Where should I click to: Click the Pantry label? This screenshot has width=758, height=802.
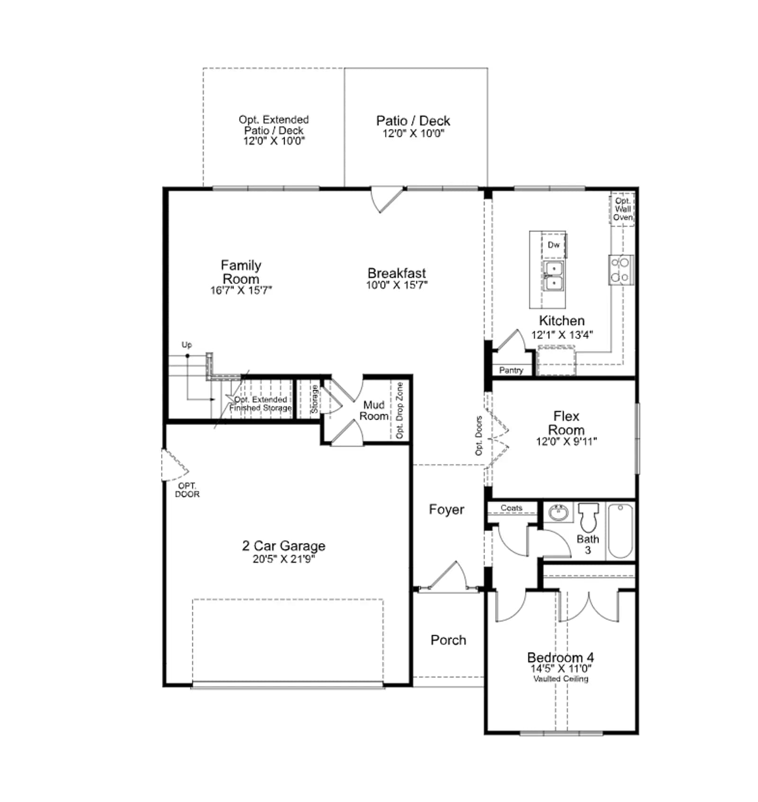[511, 370]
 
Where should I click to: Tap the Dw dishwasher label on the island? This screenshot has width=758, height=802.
[553, 245]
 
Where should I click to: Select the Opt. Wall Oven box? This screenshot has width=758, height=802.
[622, 209]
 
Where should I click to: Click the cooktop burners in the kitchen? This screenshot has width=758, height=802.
[621, 270]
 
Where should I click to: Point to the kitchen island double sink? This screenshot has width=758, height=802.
[553, 276]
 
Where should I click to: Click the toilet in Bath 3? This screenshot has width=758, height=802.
[588, 517]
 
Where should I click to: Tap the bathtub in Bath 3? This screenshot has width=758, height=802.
[620, 531]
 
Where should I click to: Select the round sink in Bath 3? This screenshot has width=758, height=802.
[559, 513]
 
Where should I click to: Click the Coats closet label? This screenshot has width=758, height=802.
[511, 508]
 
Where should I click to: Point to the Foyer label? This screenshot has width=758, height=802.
[446, 509]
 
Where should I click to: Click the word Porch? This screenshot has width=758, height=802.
[448, 640]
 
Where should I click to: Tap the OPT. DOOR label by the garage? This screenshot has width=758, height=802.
[187, 490]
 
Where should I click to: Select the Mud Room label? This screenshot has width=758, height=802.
[374, 410]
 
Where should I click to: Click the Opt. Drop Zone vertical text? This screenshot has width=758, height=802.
[399, 410]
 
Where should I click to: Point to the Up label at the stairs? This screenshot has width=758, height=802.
[187, 345]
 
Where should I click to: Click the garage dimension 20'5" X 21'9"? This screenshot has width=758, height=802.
[284, 559]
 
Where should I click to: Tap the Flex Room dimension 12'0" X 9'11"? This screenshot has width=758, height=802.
[566, 441]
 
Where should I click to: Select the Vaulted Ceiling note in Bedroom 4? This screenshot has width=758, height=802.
[560, 678]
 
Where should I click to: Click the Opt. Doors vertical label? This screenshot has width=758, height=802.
[478, 436]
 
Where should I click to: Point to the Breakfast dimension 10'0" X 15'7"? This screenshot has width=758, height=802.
[397, 285]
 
